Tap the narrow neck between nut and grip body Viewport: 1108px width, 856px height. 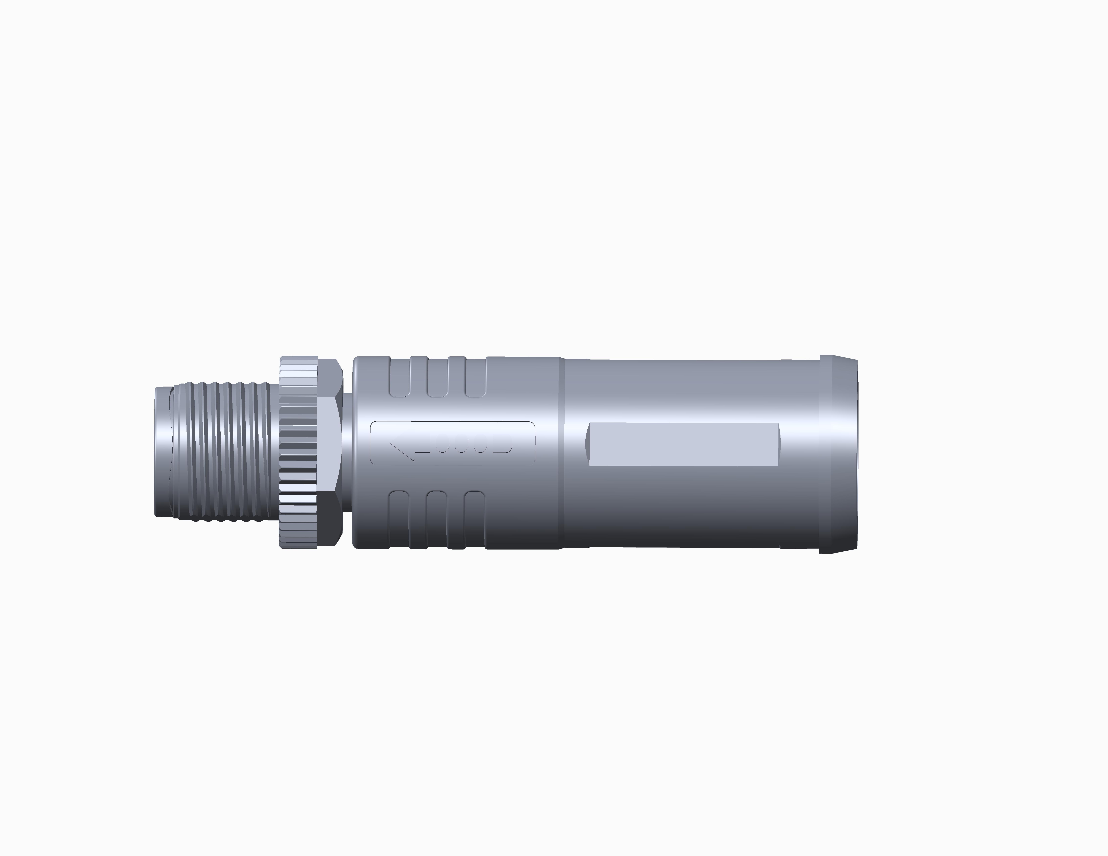(x=348, y=451)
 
